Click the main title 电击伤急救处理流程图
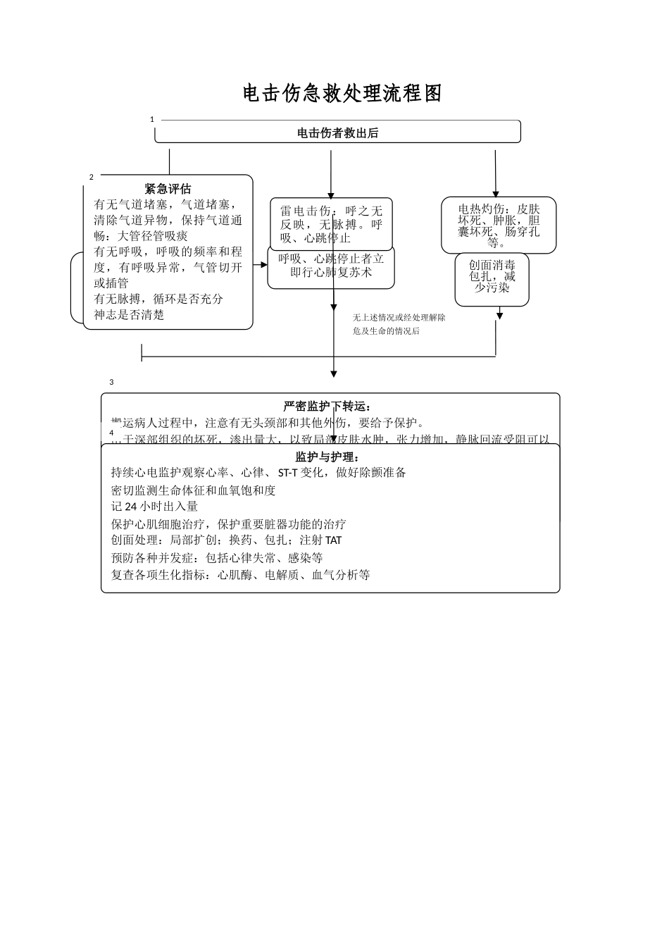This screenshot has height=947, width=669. click(342, 93)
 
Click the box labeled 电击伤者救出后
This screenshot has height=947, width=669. click(337, 132)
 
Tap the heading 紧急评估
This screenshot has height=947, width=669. click(168, 189)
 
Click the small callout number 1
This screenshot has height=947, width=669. click(152, 120)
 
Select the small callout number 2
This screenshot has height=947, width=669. click(91, 177)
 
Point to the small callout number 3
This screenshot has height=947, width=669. click(111, 383)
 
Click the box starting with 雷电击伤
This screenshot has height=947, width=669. click(331, 223)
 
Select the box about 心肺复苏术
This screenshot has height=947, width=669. click(331, 266)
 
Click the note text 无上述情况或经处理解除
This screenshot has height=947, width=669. click(399, 318)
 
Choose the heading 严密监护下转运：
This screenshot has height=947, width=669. click(327, 407)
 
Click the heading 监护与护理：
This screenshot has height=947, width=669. click(327, 457)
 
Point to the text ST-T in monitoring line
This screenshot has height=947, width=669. click(288, 473)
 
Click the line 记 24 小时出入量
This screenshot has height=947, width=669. click(155, 507)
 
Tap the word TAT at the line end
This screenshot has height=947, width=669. click(334, 540)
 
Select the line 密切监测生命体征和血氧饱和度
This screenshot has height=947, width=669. click(194, 490)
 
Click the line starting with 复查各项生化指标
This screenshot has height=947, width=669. click(241, 575)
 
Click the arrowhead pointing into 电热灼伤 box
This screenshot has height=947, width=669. click(496, 193)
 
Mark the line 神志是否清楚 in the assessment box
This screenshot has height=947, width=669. click(130, 315)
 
